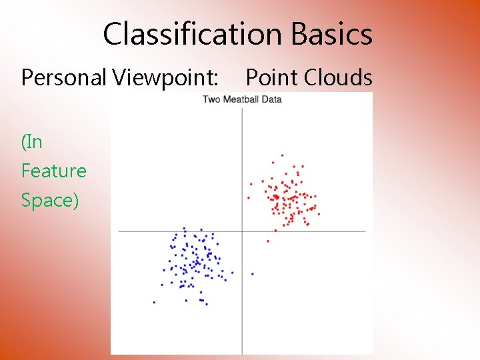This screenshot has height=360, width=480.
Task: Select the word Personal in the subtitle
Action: coord(64,78)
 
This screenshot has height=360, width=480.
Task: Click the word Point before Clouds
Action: coord(271,78)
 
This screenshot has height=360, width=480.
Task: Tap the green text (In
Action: coord(32,141)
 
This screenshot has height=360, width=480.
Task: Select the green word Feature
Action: coord(54,171)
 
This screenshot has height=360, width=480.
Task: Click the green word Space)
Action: coord(50,200)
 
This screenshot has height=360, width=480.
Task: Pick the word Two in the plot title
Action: coord(211,99)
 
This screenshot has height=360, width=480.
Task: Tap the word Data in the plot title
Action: coord(272,99)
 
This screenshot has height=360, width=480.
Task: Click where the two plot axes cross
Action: coord(242,231)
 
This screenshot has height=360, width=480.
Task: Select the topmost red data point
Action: coord(282,155)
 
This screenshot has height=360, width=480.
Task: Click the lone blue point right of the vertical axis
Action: coord(252,274)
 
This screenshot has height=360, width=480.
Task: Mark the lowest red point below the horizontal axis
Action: coord(268,241)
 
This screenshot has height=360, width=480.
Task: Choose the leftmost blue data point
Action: coord(154,302)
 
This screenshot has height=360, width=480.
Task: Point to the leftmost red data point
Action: coord(248,197)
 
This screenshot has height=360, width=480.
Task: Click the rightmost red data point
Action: coord(319,213)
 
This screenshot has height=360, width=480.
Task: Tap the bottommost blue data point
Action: coord(206,304)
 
